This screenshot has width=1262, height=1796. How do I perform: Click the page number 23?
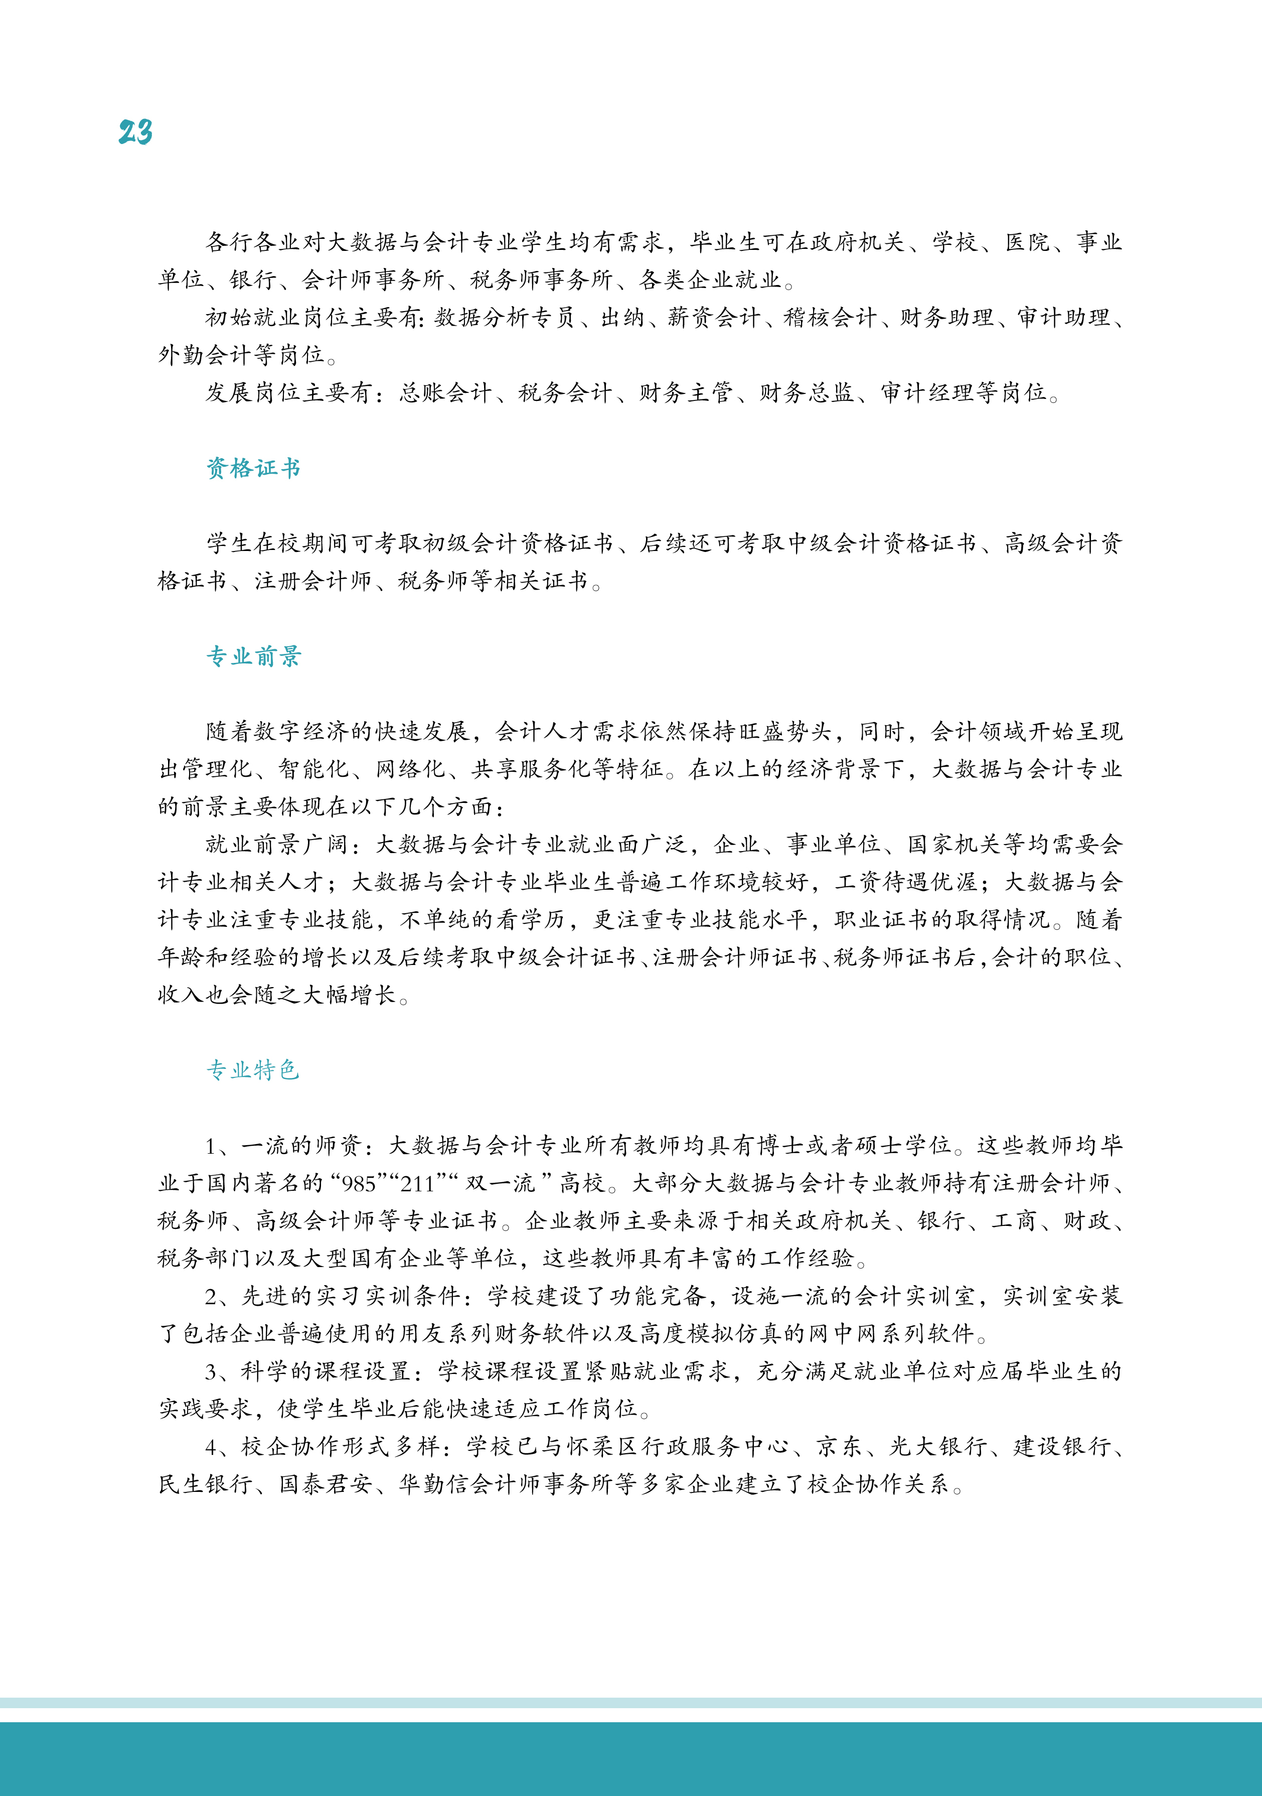(x=135, y=131)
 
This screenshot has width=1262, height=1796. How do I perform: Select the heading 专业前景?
(x=253, y=656)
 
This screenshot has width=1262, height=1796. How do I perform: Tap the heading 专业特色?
(x=253, y=1070)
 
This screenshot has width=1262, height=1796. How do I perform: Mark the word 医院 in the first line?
(x=1027, y=242)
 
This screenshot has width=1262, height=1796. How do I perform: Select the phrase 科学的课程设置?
(x=325, y=1372)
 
